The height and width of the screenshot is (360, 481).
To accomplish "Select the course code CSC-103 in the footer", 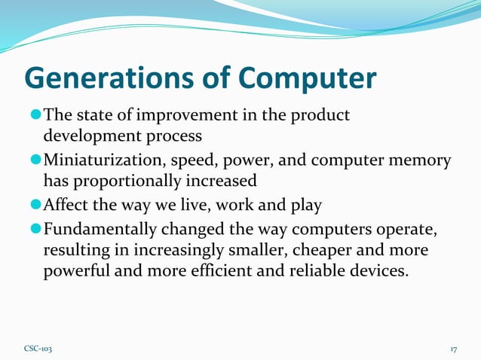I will tap(38, 349).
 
